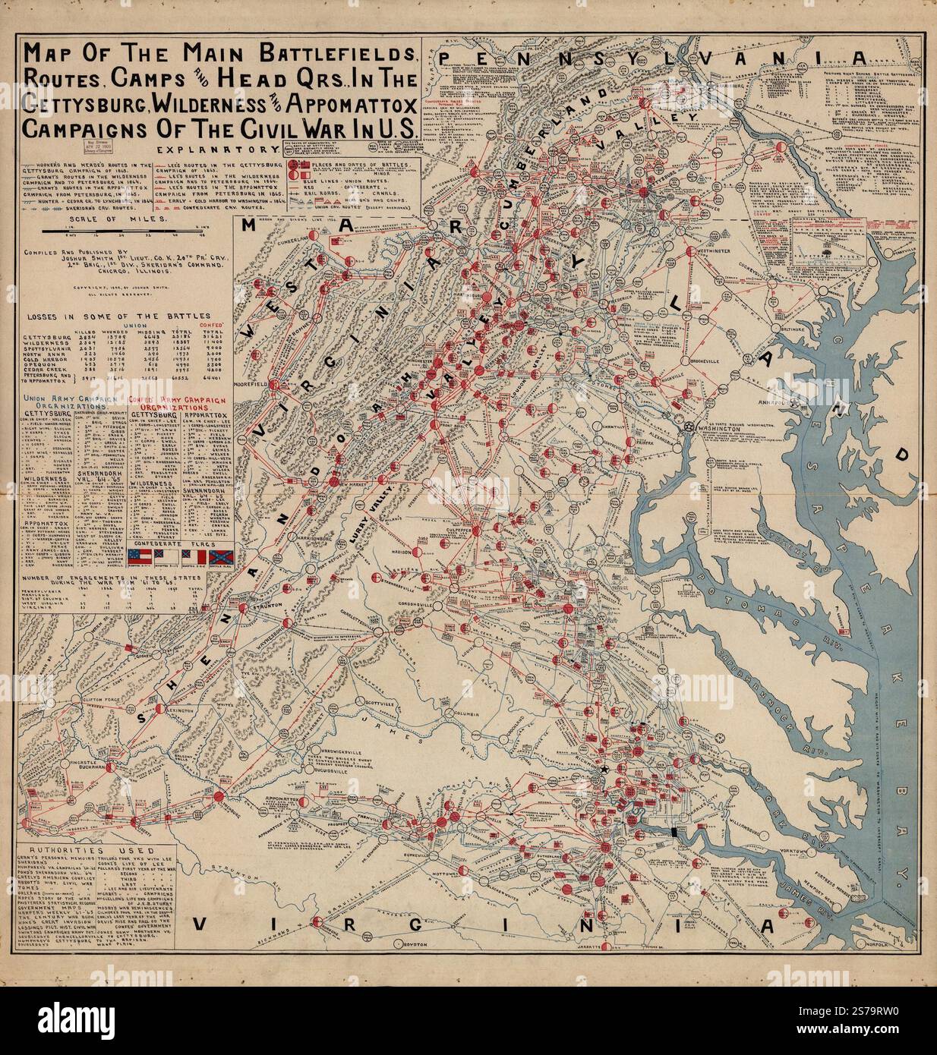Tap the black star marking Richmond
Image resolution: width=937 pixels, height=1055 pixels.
click(604, 770)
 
